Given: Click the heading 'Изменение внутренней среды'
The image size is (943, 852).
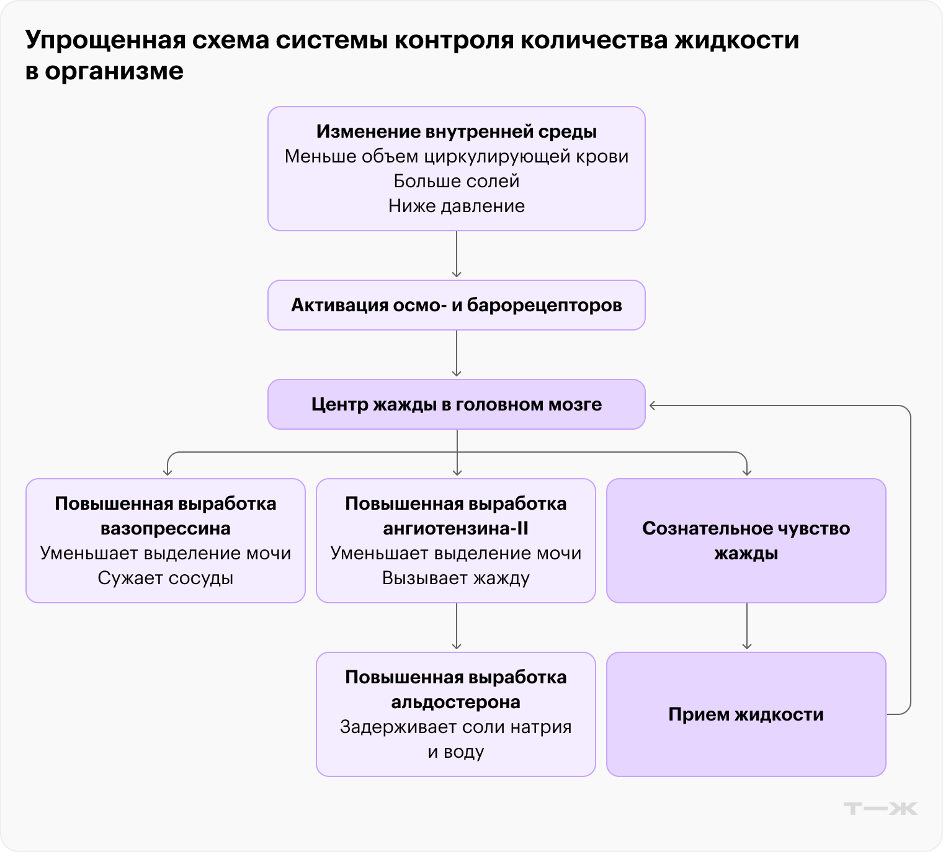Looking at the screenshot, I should pos(457,131).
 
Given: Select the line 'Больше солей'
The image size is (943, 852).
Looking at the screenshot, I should pos(457,181).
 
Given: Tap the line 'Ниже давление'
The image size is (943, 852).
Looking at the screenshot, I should pos(457,206).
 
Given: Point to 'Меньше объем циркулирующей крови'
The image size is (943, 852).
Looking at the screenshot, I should pos(457,156).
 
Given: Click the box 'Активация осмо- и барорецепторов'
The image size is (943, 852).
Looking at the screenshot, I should pos(457,305).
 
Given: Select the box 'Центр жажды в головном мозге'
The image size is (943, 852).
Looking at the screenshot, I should pos(457,404).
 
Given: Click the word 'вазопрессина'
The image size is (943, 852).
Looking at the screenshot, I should pos(166,528).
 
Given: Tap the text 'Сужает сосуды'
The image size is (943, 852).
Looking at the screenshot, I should pos(166,578).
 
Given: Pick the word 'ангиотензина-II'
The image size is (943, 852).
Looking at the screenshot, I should pos(456,528).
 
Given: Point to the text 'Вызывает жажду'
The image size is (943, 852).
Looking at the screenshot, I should pos(456,578).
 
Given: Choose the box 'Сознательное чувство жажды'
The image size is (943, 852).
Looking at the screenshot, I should pos(746,541).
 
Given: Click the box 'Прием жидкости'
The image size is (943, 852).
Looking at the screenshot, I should pos(746,714).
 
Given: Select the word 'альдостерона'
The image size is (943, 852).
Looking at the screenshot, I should pos(456,702).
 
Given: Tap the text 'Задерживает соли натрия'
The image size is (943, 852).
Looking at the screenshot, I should pos(456,727).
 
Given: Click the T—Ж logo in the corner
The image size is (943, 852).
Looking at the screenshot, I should pos(880,809).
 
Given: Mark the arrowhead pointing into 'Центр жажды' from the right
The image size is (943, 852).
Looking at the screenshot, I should pos(653,406).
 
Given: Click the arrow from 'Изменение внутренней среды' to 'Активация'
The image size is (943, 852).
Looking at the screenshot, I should pos(457,255).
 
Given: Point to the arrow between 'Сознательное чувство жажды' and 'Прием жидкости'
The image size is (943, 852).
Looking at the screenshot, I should pos(747,626).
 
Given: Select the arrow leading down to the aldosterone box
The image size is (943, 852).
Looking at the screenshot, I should pos(457,626).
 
